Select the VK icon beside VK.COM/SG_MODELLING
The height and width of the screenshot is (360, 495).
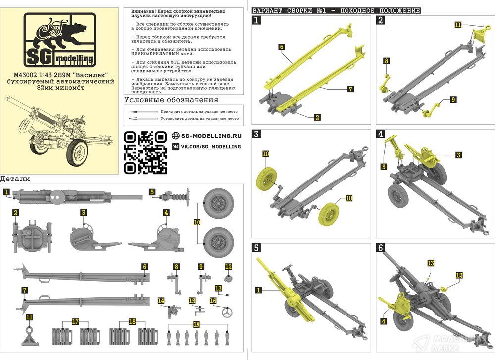(x=176, y=147)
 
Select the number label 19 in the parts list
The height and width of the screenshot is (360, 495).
(x=196, y=324)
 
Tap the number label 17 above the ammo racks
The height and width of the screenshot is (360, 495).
(x=76, y=322)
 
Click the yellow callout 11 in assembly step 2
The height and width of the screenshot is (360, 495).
(x=458, y=24)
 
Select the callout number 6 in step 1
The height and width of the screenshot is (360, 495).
(x=281, y=46)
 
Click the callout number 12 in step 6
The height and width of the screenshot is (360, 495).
(x=459, y=275)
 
